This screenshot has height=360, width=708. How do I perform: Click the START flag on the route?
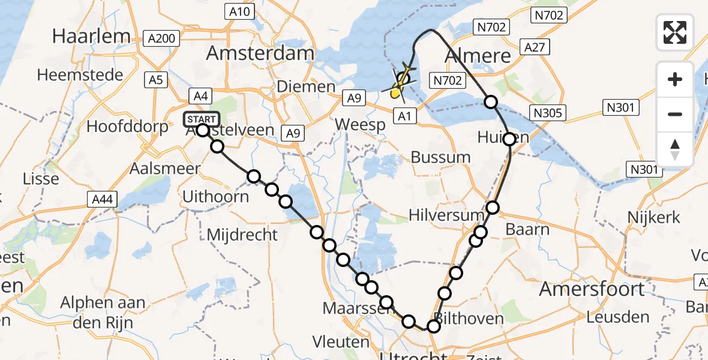tap(202, 119)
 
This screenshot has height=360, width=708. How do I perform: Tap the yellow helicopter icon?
tap(399, 88)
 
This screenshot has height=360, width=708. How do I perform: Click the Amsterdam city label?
tap(260, 53)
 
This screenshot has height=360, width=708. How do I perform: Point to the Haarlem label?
tap(91, 36)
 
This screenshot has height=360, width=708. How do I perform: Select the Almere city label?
tap(478, 56)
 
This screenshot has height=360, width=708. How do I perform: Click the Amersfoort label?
tap(592, 289)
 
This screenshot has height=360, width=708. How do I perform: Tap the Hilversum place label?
tap(446, 215)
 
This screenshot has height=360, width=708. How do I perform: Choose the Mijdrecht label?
tap(242, 234)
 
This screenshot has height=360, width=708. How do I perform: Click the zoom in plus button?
tap(675, 80)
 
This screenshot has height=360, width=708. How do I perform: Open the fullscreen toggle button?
tap(675, 32)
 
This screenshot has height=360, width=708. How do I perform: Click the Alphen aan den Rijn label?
tap(102, 311)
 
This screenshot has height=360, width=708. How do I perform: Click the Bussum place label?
tap(441, 157)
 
